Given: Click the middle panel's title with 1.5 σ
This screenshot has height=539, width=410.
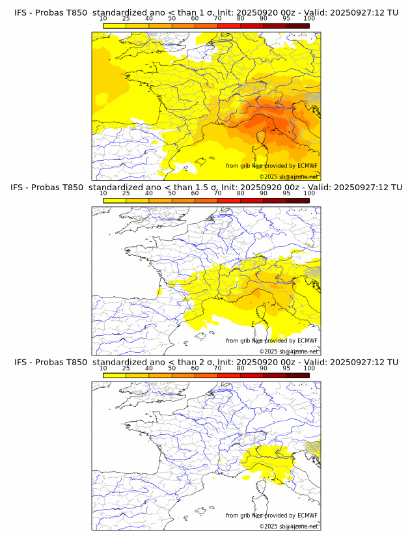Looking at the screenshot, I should point(206,187).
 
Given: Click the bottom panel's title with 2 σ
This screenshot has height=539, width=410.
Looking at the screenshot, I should point(206,362).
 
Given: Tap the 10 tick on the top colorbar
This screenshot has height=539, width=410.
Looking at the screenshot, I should point(103,19).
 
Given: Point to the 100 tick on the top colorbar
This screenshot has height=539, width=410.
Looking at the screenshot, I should point(309,19).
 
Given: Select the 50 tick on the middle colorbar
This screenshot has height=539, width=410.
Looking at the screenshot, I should point(172,193).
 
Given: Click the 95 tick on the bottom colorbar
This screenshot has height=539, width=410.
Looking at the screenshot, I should point(286,368).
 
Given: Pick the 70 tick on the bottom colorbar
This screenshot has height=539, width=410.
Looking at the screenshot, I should point(217,368).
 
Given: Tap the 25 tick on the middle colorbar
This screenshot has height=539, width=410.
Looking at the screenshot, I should point(126,193).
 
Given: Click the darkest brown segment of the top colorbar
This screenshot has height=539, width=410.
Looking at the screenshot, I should point(297,25).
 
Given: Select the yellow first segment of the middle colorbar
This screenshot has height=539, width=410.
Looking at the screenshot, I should point(115,200).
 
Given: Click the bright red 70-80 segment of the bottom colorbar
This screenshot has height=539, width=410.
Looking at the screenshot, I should point(229,375).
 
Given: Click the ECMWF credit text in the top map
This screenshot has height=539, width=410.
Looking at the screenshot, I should point(271,166).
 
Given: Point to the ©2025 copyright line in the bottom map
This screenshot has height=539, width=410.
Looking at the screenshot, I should point(288,526).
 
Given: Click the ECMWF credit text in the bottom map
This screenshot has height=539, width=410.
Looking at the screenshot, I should point(271,515).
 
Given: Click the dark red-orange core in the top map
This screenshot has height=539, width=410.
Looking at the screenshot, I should point(264,121).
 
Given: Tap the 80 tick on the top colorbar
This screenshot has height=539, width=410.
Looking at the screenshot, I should point(241,19).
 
